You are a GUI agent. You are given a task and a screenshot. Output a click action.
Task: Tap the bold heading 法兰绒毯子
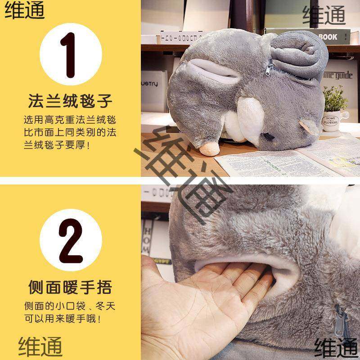70,101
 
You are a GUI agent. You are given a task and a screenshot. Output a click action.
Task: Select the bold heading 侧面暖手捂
70,287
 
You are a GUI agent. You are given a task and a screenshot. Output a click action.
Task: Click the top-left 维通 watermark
25,11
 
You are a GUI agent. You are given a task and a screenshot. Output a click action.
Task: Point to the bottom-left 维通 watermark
40,347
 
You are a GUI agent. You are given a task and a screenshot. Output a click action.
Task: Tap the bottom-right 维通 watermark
335,347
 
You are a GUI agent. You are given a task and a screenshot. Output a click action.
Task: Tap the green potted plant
335,97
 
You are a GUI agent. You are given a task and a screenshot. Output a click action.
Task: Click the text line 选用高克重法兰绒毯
70,121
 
